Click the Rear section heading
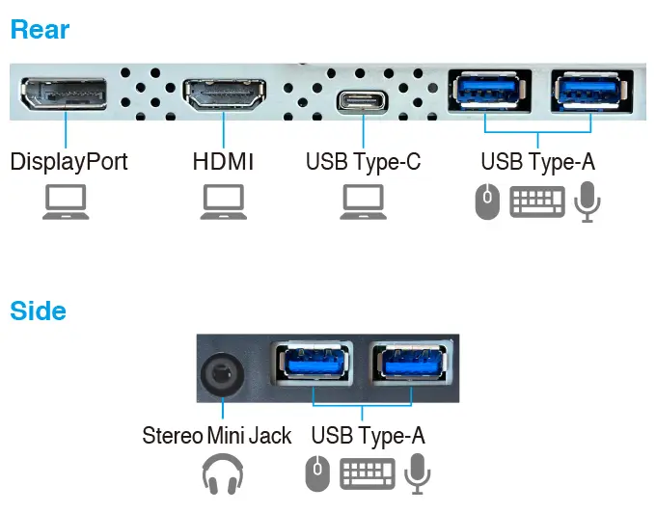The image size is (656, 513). tap(40, 29)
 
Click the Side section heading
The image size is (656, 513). tap(38, 310)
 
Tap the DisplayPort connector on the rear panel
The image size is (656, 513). tap(66, 95)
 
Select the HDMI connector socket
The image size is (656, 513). tap(224, 96)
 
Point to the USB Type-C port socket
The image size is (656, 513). tap(363, 101)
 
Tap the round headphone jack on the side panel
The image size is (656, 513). tap(221, 375)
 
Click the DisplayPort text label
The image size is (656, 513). tap(68, 160)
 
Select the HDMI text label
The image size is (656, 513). tap(223, 160)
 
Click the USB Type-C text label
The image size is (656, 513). tap(363, 160)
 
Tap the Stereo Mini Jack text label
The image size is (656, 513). tap(216, 436)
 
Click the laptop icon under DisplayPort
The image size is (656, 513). tap(66, 202)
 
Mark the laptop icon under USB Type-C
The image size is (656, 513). tap(363, 202)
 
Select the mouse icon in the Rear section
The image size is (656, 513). tap(488, 202)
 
